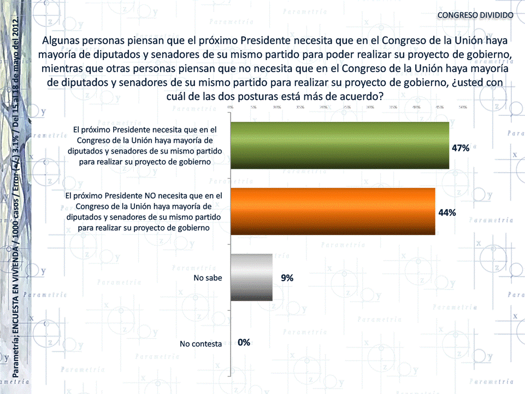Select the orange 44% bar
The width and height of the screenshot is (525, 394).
coord(333,211)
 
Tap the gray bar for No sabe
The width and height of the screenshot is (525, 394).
coord(251,278)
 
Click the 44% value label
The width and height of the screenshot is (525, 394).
coord(447,213)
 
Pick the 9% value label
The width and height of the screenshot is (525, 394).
coord(287,278)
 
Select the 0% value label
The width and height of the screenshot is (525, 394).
coord(244,343)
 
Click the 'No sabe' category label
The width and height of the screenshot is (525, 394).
coord(208,278)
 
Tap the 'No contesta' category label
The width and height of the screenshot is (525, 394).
coord(200,344)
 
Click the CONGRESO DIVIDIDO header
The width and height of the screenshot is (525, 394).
coord(475,15)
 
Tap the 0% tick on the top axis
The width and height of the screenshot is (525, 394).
coord(231,108)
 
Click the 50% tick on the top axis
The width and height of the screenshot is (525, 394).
coord(463,108)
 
